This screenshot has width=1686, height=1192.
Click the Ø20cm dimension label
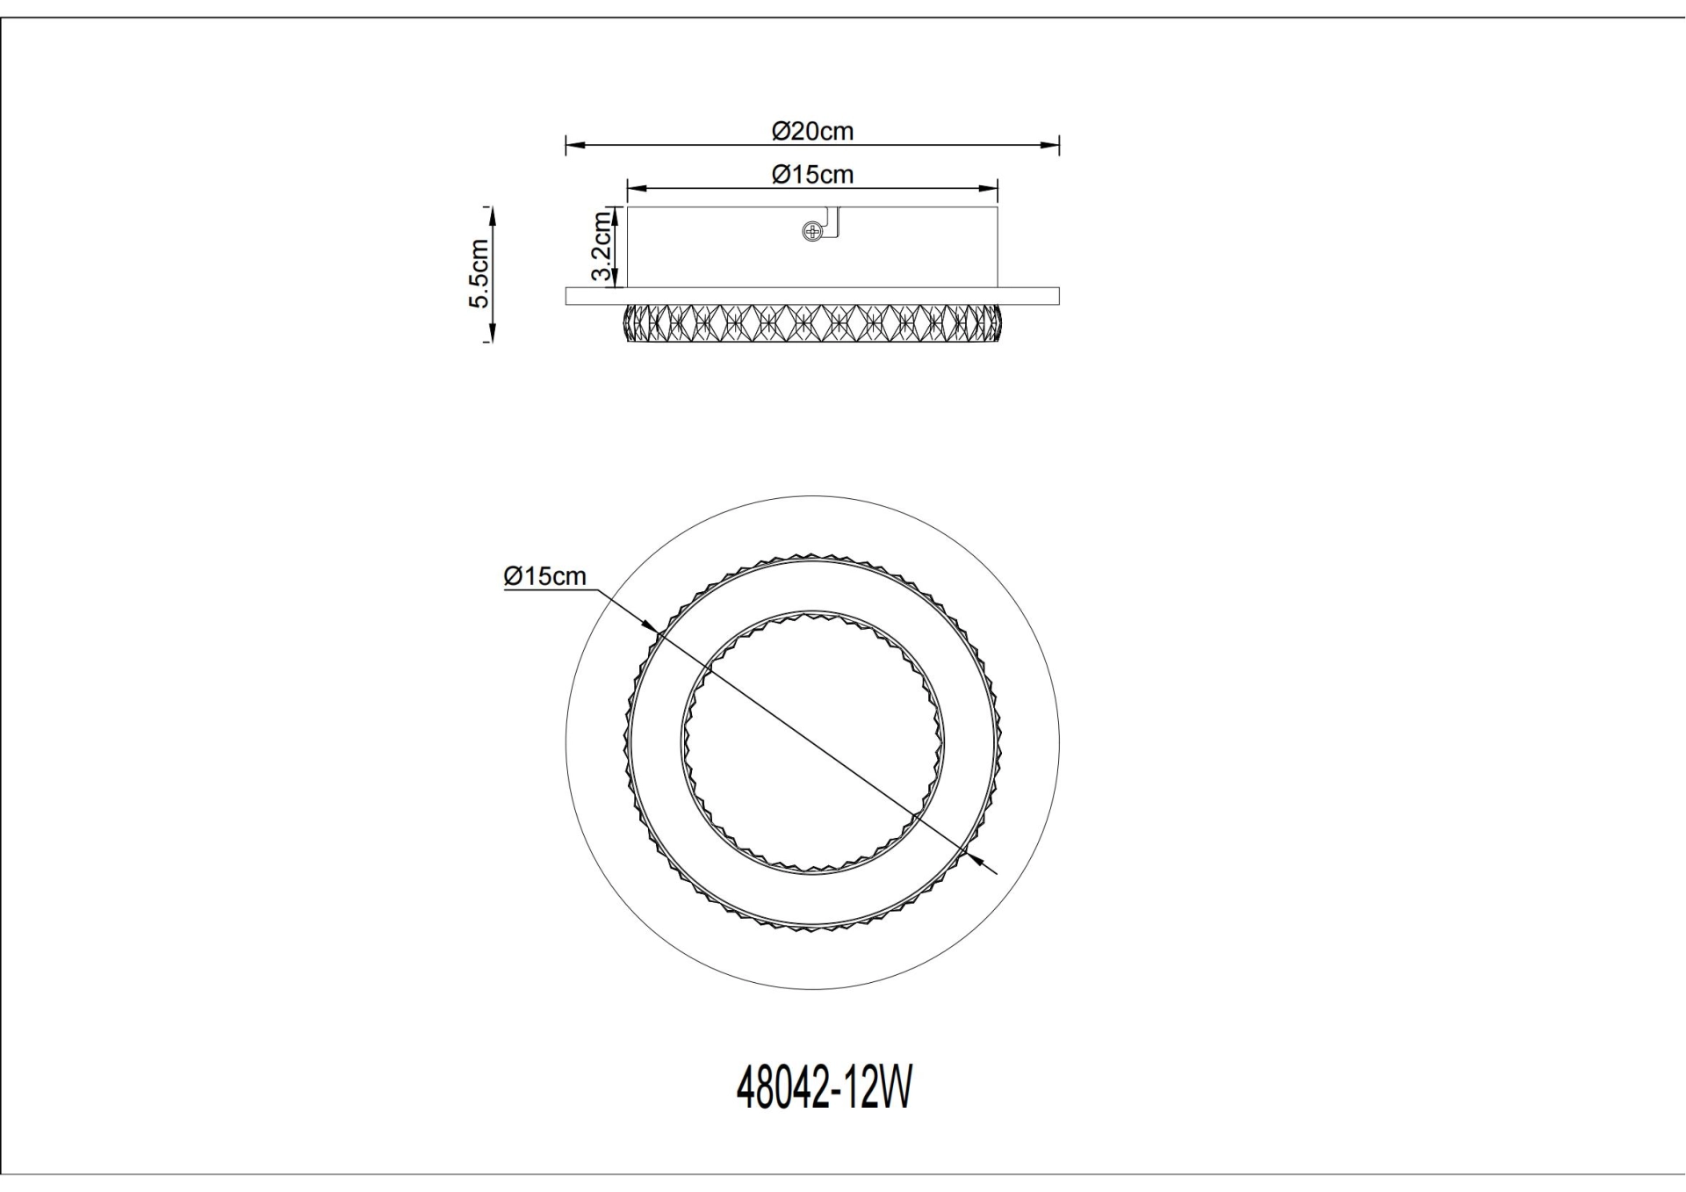click(x=812, y=132)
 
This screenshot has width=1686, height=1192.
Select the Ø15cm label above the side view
click(x=812, y=175)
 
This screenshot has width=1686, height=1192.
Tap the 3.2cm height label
click(x=602, y=246)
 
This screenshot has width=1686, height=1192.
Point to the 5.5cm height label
click(x=479, y=273)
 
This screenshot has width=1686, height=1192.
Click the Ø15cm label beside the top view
click(x=544, y=576)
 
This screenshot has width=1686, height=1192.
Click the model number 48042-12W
click(x=824, y=1090)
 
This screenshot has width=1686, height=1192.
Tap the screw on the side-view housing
click(x=812, y=232)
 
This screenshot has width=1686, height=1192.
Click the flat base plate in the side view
click(x=812, y=296)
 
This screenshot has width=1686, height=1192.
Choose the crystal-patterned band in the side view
click(x=812, y=322)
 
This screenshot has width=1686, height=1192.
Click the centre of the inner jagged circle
click(x=812, y=743)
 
